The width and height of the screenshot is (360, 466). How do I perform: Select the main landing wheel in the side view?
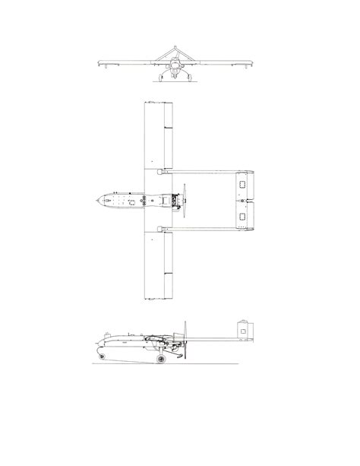coord(159,357)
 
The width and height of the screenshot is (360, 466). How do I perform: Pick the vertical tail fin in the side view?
coord(245,329)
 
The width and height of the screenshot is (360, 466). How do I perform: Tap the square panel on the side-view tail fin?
coord(245,328)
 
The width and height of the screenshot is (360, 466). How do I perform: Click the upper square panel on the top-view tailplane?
coord(242,184)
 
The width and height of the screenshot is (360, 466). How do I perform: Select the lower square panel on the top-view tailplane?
coord(242,217)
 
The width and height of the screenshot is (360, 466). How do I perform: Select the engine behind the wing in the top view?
coord(176,201)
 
